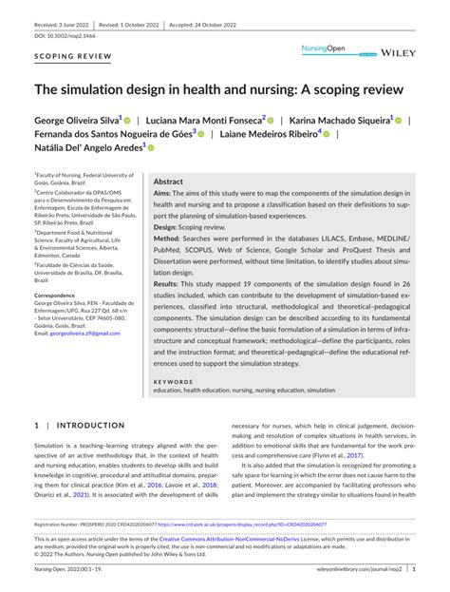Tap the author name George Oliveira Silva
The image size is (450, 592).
(76, 122)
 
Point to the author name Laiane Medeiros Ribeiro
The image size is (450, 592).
(274, 135)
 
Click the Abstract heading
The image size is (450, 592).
(168, 181)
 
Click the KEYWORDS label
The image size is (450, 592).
(172, 381)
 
